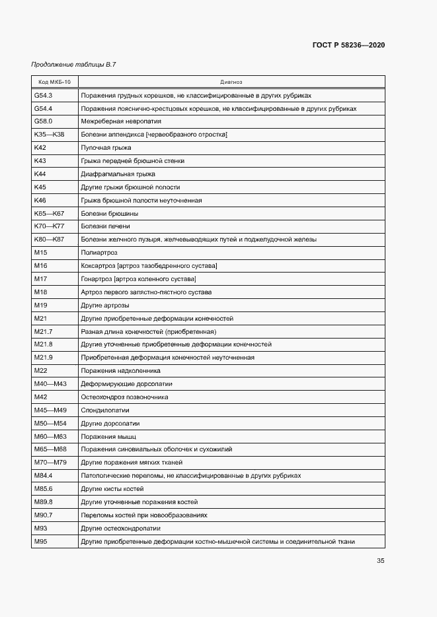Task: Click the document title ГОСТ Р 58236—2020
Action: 348,45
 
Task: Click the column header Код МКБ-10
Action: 54,82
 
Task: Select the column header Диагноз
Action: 231,82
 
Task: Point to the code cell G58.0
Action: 43,121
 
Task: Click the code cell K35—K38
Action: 49,135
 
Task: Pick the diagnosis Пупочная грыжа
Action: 106,148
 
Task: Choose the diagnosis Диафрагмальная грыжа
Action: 118,174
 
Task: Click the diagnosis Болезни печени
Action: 100,226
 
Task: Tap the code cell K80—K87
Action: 49,239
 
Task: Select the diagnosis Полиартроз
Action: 99,253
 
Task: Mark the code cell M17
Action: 40,279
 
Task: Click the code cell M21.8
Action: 43,344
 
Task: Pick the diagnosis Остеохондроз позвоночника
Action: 124,397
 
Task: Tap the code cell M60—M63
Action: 50,436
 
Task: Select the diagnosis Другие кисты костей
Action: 112,489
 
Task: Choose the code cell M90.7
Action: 43,515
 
